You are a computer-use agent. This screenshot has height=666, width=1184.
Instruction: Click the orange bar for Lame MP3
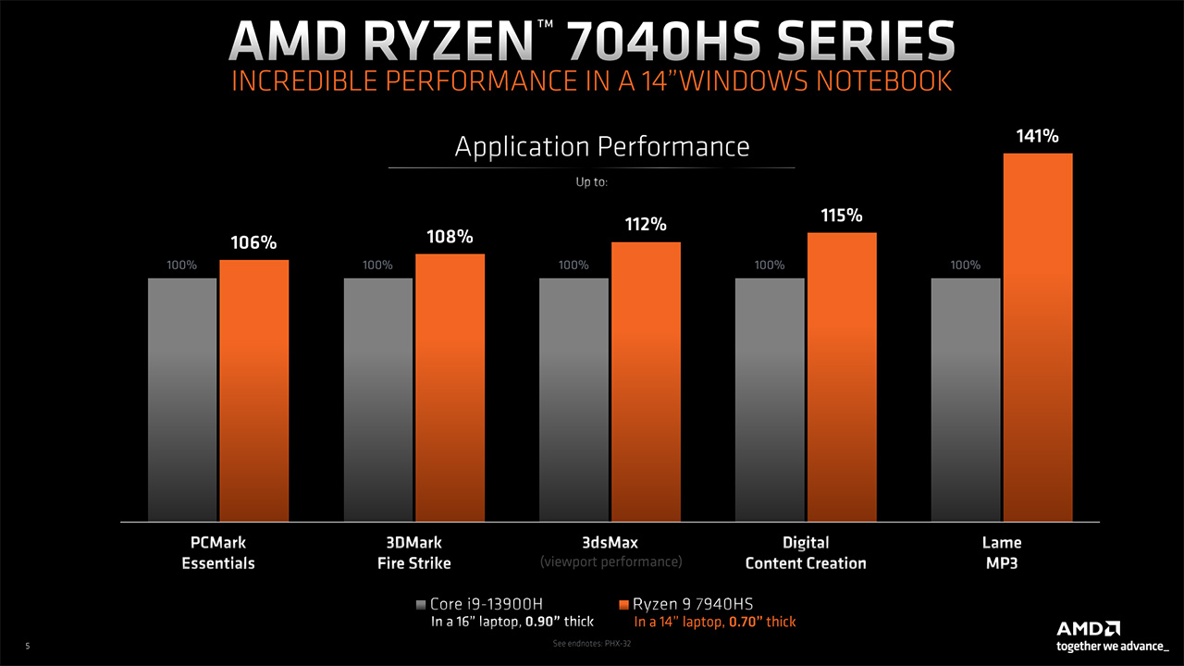tap(1038, 338)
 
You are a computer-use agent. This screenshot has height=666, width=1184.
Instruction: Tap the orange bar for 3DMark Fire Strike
tap(450, 388)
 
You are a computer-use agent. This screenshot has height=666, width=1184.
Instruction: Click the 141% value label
tap(1037, 136)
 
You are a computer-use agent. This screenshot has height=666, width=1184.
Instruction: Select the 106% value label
tap(253, 243)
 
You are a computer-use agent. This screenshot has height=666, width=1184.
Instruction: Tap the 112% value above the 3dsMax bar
tap(646, 225)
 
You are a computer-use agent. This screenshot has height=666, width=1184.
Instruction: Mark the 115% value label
tap(842, 216)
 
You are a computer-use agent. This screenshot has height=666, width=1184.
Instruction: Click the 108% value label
tap(450, 237)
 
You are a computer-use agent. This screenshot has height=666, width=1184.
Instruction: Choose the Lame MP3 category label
tap(1002, 552)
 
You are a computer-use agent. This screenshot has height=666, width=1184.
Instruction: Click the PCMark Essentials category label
tap(218, 552)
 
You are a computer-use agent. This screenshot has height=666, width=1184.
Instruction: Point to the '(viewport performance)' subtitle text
tap(610, 561)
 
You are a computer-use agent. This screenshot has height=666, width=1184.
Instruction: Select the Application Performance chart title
tap(602, 146)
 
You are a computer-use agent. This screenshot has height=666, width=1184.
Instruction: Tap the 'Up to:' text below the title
tap(592, 182)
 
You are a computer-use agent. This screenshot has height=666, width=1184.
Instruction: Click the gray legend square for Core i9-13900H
tap(422, 605)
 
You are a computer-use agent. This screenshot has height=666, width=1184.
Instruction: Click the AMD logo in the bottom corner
tap(1089, 627)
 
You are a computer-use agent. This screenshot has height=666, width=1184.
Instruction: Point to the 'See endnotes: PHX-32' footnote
tap(591, 644)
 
